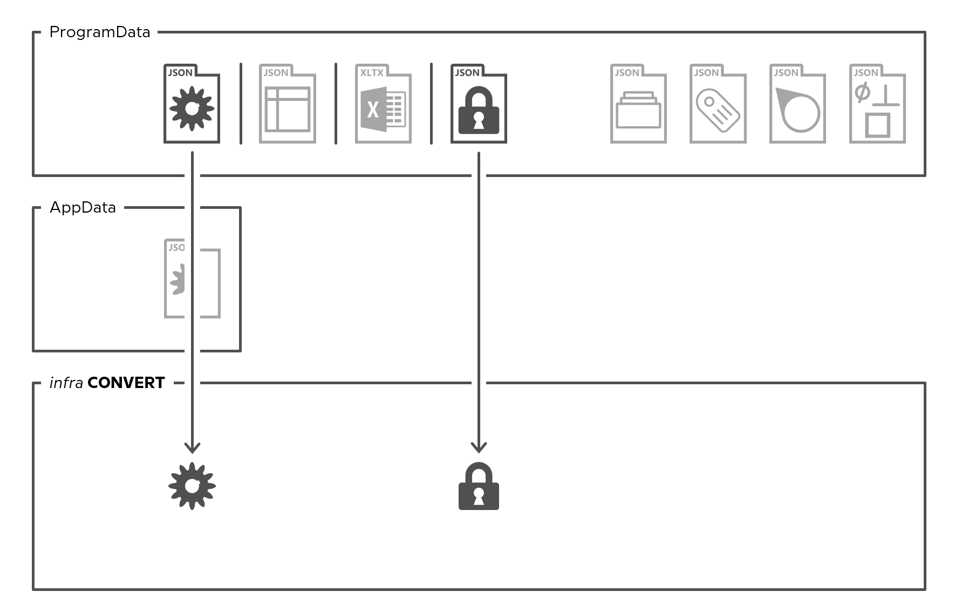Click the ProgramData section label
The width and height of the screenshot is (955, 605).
point(100,32)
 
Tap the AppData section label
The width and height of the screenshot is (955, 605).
point(83,208)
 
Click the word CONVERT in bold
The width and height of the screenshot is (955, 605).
point(126,383)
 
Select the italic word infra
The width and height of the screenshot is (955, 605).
point(66,383)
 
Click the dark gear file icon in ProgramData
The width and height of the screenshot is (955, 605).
point(192,104)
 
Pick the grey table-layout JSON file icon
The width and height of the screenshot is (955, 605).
point(287,104)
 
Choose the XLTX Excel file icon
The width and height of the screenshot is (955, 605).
point(383,104)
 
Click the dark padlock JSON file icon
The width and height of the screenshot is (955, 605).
point(479,104)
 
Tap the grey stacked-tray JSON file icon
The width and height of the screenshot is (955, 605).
point(638,104)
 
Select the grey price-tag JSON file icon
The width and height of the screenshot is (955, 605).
point(718,104)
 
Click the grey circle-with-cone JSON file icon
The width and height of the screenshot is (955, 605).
point(797,104)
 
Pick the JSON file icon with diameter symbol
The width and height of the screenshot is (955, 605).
point(877,104)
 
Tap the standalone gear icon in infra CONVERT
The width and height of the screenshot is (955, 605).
point(192,486)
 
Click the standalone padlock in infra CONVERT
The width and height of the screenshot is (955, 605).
point(479,486)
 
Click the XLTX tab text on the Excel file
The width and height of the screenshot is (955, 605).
point(372,73)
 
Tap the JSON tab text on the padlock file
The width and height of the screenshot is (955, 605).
point(467,73)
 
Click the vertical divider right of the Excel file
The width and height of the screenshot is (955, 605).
point(431,104)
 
